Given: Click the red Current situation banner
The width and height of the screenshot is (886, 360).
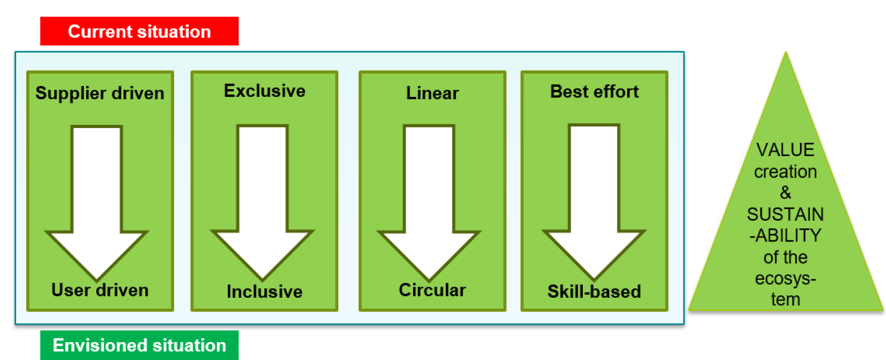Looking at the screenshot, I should click(139, 31).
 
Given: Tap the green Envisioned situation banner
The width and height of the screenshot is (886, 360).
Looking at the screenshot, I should click(139, 345).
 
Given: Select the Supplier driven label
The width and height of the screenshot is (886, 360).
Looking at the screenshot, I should click(100, 93).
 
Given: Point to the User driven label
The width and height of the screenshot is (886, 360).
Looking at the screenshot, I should click(100, 290).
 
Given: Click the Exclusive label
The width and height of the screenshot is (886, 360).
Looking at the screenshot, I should click(264, 91).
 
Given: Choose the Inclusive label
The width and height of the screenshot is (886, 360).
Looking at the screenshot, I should click(264, 291).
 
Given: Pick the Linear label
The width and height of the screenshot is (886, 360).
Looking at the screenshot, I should click(432, 93).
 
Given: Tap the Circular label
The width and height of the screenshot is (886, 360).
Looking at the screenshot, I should click(432, 290).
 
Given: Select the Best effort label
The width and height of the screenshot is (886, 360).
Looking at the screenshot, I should click(594, 91).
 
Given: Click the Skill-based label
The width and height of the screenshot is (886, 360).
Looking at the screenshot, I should click(594, 291).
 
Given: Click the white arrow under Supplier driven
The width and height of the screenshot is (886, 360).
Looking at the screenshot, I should click(97, 197).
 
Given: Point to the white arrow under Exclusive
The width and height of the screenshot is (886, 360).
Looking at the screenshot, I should click(262, 197).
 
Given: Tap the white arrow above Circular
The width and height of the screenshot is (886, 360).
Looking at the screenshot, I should click(430, 197).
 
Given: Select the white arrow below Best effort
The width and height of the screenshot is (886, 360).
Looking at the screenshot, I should click(594, 197).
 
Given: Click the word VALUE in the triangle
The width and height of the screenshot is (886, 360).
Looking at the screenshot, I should click(786, 150).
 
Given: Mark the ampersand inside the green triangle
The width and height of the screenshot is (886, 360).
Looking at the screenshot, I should click(786, 193).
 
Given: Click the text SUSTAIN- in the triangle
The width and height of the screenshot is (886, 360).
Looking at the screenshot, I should click(786, 214).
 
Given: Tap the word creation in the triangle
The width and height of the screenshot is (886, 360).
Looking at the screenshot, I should click(786, 172).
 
